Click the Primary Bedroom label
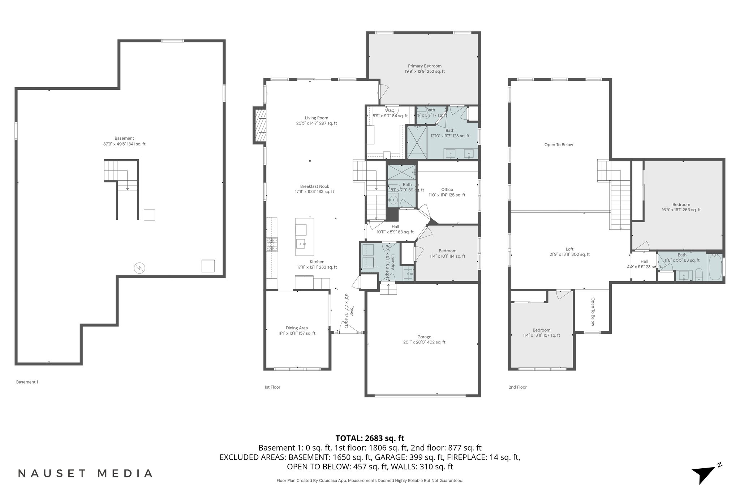tap(425, 69)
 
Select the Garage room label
tap(424, 339)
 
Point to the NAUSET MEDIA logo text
tap(85, 473)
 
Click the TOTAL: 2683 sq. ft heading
tap(370, 438)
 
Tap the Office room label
tap(447, 192)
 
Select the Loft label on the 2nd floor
tap(569, 252)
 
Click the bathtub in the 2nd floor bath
tap(715, 268)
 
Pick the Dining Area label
tap(297, 330)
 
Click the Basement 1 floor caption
tap(27, 382)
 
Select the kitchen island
tap(304, 237)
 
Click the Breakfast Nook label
tap(314, 189)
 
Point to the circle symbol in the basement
tap(139, 268)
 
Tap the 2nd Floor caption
tap(517, 387)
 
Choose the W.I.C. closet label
tap(390, 113)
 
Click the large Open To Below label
tap(559, 145)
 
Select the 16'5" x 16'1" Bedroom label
tap(681, 207)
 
